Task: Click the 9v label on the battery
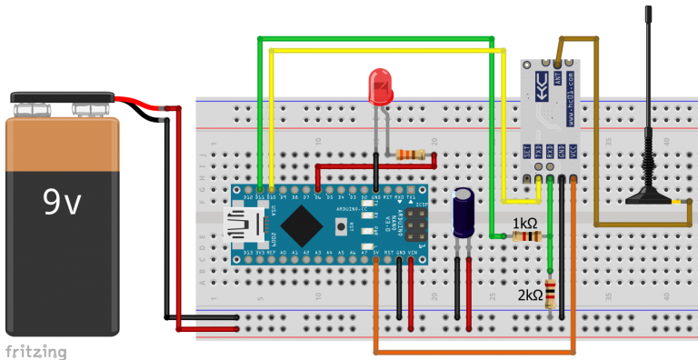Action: point(61,205)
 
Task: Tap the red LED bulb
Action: point(379,87)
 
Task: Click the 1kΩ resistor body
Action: point(524,236)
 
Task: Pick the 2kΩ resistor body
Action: point(551,293)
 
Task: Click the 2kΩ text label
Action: point(531,295)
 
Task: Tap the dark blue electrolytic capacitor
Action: point(464,213)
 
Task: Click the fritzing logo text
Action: point(35,350)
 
